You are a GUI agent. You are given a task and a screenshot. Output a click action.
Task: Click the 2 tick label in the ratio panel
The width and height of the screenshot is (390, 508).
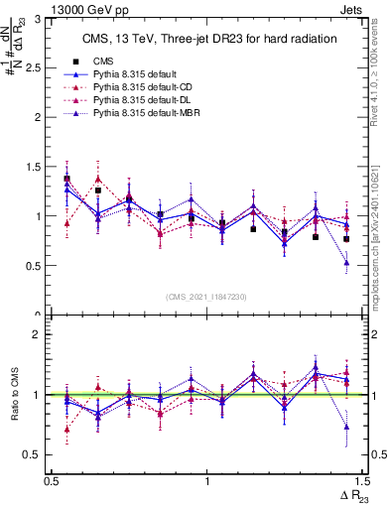point(37,335)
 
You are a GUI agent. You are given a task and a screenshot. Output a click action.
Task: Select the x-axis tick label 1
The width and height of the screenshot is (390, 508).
point(206,481)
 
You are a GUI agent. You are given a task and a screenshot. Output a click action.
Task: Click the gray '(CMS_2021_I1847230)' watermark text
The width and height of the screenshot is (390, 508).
point(206,297)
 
